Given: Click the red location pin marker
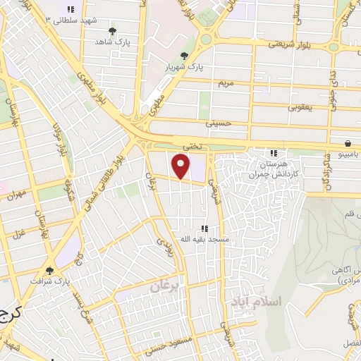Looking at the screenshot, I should (x=182, y=166).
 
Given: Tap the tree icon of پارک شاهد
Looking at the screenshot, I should (x=112, y=30).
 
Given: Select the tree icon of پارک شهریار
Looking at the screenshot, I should (x=185, y=56).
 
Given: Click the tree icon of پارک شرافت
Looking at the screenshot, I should (x=49, y=270).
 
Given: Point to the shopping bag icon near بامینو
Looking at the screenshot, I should (x=349, y=143).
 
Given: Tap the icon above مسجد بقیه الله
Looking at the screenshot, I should (x=204, y=228).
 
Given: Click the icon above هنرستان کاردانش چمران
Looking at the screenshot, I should (x=274, y=153).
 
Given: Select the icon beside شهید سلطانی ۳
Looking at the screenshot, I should (x=71, y=9).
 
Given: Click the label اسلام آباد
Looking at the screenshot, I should (x=255, y=301).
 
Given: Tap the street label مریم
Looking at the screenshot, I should (x=226, y=83).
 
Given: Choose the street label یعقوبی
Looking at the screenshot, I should (x=299, y=107).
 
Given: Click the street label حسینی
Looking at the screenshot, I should (x=218, y=123).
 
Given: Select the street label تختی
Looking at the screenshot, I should (x=192, y=145).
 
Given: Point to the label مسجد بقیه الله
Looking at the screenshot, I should (x=204, y=239).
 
